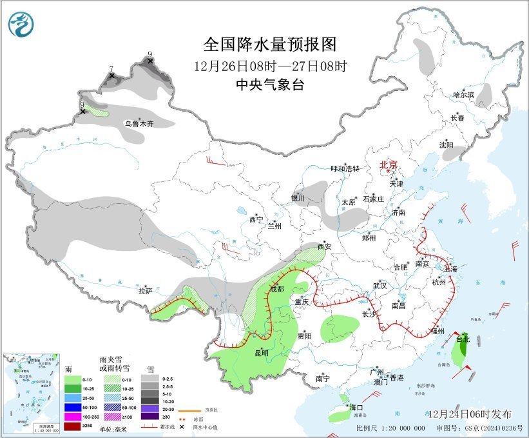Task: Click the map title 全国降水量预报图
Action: pos(270,45)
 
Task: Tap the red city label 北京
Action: pos(389,164)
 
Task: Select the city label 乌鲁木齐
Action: pos(139,123)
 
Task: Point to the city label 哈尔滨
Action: pos(463,95)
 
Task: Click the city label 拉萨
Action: pos(145,291)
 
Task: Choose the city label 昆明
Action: pos(261,353)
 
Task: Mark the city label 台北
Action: pos(463,339)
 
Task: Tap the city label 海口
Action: pos(356,408)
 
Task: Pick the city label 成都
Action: pos(276,290)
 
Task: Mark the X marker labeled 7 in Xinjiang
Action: pos(111,76)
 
